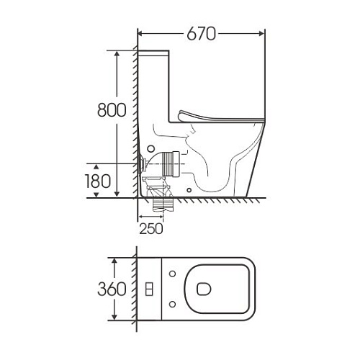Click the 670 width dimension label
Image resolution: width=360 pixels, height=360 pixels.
202,34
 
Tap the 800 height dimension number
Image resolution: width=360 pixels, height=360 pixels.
112,110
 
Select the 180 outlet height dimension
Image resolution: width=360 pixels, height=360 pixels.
98,181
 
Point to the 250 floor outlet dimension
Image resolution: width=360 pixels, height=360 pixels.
151,229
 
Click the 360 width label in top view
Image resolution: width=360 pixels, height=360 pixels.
112,289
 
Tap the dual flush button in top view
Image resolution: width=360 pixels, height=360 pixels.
149,289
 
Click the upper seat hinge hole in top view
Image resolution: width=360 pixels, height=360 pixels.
172,274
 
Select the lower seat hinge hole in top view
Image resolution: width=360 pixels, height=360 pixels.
172,305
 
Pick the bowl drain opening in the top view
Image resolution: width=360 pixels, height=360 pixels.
204,289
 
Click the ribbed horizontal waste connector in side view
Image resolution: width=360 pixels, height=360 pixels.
171,164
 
